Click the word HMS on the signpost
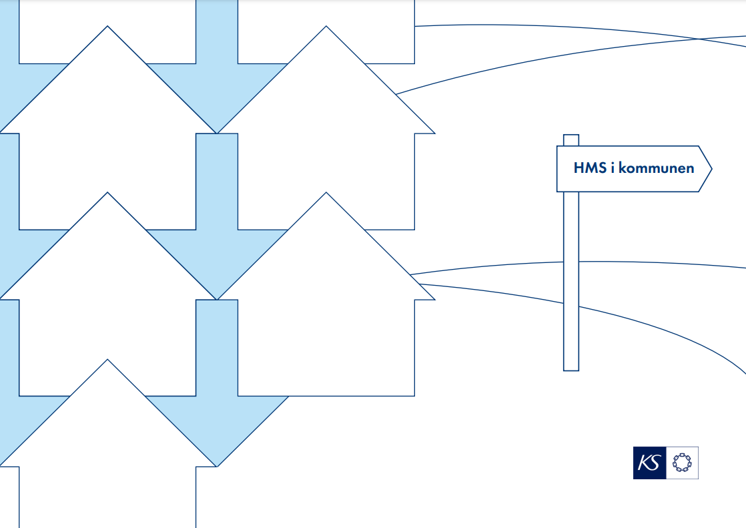(x=589, y=168)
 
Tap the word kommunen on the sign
(x=657, y=168)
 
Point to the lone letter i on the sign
(x=613, y=168)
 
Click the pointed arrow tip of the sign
(x=711, y=169)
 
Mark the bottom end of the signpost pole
(x=571, y=368)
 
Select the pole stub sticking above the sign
(x=571, y=140)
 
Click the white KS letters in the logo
(x=649, y=463)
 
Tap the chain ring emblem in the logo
(x=682, y=463)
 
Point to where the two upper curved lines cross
(x=698, y=39)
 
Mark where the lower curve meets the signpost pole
(x=571, y=304)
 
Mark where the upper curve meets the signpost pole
(x=571, y=262)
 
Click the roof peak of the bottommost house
(x=107, y=360)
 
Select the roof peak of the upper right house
(x=326, y=27)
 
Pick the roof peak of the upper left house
(x=107, y=27)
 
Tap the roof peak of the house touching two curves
(x=326, y=193)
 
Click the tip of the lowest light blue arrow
(x=217, y=466)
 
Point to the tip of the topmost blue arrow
(x=217, y=133)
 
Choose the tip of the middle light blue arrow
(x=217, y=299)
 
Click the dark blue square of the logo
(x=649, y=463)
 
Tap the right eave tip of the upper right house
(x=434, y=133)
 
